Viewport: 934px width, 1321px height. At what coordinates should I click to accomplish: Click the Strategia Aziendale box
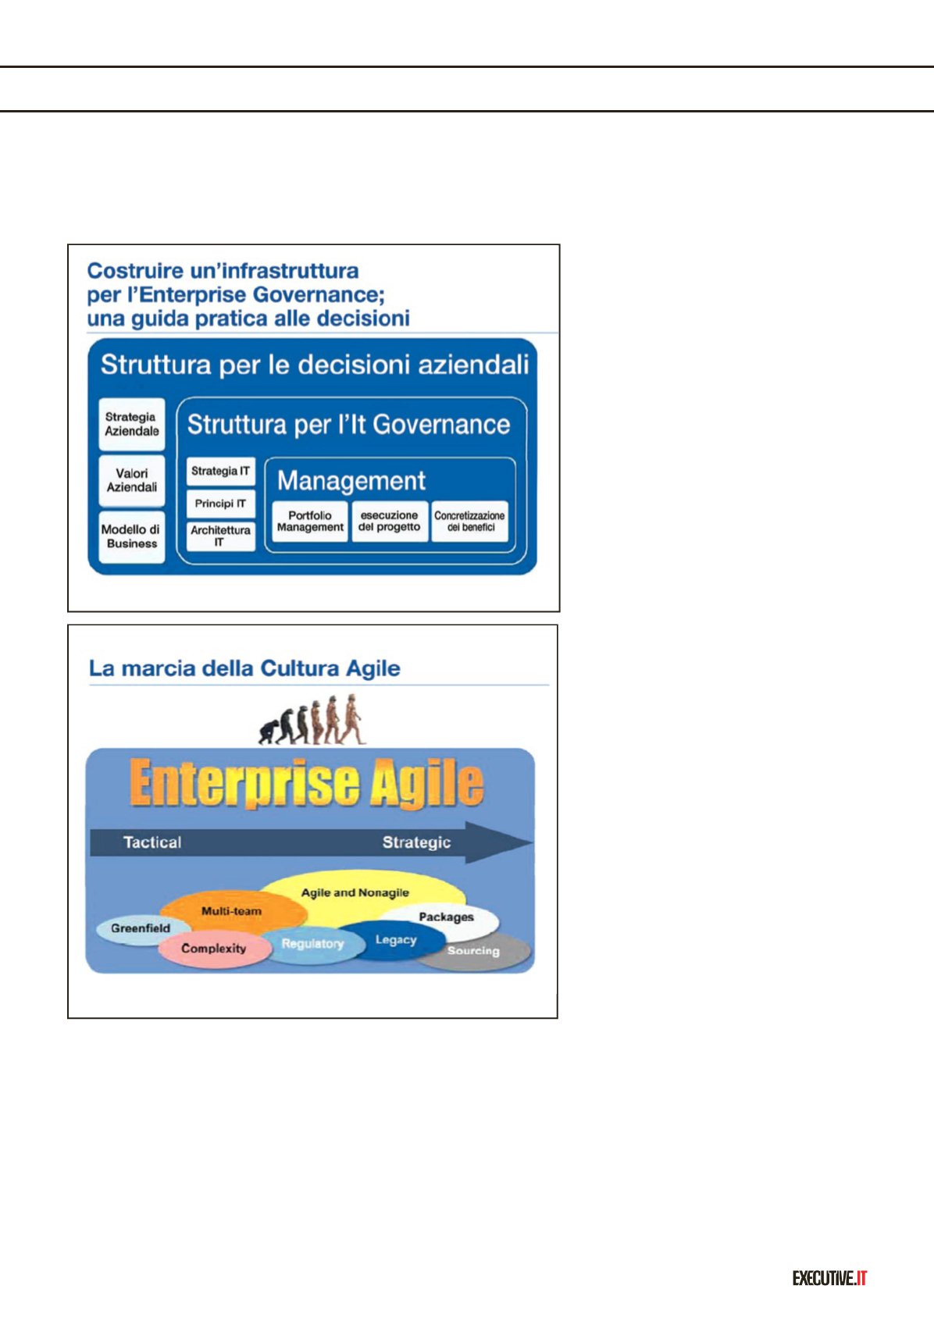tap(131, 424)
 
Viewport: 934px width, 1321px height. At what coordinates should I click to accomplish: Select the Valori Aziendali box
tap(131, 481)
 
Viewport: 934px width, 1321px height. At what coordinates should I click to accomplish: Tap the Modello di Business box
tap(131, 536)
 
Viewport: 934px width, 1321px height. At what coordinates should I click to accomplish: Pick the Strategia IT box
tap(221, 472)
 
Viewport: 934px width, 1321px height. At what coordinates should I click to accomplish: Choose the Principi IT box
tap(221, 504)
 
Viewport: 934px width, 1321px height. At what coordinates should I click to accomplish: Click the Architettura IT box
tap(221, 536)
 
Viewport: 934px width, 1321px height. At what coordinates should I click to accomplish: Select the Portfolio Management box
tap(310, 522)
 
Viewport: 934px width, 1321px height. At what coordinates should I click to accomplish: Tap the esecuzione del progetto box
tap(390, 522)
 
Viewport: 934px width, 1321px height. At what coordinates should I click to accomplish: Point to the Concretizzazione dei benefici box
tap(469, 522)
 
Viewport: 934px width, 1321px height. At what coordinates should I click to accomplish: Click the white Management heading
tap(351, 481)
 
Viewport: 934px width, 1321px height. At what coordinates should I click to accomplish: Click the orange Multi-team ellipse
tap(233, 911)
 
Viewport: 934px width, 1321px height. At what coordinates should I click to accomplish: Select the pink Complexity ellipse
tap(214, 949)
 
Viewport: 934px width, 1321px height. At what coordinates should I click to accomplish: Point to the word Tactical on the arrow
tap(152, 842)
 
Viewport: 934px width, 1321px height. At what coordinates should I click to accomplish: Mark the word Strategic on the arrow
tap(416, 842)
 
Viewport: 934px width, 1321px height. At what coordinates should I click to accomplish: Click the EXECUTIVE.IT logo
tap(830, 1279)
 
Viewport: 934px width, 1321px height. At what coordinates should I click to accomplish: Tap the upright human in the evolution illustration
tap(354, 719)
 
